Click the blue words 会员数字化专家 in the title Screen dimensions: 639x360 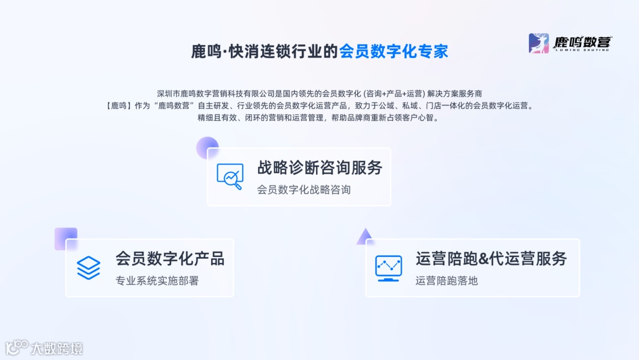pyautogui.click(x=393, y=51)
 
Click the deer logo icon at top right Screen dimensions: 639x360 pyautogui.click(x=538, y=43)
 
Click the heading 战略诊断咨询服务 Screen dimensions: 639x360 pyautogui.click(x=319, y=168)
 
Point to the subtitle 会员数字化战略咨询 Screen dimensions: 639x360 pyautogui.click(x=304, y=189)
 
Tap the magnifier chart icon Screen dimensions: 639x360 pyautogui.click(x=230, y=176)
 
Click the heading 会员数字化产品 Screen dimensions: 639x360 pyautogui.click(x=170, y=259)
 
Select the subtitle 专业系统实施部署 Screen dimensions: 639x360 pyautogui.click(x=157, y=281)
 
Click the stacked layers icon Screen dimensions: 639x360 pyautogui.click(x=89, y=268)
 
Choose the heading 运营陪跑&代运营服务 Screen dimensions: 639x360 pyautogui.click(x=491, y=259)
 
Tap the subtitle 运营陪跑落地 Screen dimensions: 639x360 pyautogui.click(x=446, y=281)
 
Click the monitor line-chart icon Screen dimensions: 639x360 pyautogui.click(x=389, y=268)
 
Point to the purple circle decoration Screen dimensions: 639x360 pyautogui.click(x=207, y=147)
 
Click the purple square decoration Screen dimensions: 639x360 pyautogui.click(x=65, y=238)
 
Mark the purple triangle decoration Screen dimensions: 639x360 pyautogui.click(x=364, y=237)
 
